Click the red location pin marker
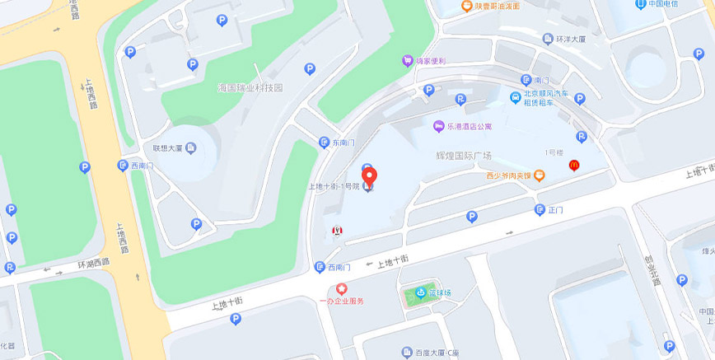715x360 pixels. [x=370, y=177]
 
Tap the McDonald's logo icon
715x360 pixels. [x=574, y=165]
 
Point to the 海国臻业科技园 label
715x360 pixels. [x=250, y=87]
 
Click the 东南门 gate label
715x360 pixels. [x=343, y=143]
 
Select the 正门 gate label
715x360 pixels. [x=555, y=210]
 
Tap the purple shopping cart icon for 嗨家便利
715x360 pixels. [x=407, y=60]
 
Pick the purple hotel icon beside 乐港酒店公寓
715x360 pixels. [x=438, y=126]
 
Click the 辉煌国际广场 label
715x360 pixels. [x=463, y=155]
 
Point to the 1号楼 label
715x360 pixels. [x=554, y=152]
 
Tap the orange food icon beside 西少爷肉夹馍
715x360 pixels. [x=540, y=175]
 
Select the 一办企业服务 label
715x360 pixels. [x=341, y=301]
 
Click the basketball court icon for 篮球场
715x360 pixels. [x=420, y=293]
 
